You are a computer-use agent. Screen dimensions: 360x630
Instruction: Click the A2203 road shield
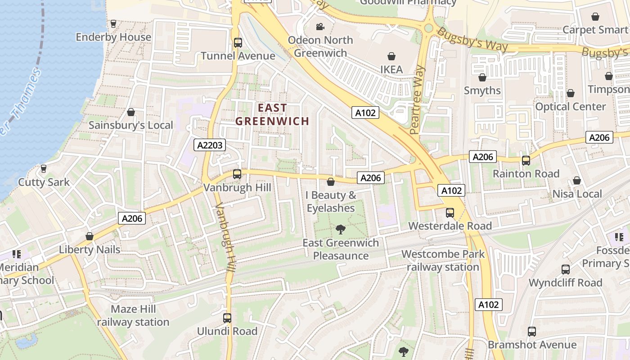210,145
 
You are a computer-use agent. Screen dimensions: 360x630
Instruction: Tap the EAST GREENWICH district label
272,114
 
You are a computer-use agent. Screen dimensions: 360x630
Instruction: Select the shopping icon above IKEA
391,56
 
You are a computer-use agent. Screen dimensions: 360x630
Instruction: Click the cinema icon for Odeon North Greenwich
320,27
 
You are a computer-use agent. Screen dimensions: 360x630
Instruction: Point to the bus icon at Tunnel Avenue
238,43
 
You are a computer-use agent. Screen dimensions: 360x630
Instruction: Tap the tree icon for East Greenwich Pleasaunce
341,229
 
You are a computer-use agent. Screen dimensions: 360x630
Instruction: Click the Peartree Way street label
418,100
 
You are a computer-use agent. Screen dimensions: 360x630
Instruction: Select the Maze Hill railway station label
133,315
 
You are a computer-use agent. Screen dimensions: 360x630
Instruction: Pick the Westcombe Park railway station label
443,260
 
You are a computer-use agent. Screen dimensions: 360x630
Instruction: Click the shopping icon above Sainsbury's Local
131,112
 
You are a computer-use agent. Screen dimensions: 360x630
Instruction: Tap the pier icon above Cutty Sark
44,169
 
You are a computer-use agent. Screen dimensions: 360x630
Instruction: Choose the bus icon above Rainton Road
526,161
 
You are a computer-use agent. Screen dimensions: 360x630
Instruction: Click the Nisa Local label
577,194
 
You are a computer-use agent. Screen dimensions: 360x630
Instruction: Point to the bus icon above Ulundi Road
227,318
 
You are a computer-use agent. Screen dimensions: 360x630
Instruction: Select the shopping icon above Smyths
482,77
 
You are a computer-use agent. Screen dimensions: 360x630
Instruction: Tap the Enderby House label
113,37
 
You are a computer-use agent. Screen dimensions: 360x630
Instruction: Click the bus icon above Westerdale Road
450,212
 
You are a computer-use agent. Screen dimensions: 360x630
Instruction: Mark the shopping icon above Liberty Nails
90,236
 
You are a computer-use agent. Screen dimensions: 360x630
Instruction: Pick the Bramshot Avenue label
532,345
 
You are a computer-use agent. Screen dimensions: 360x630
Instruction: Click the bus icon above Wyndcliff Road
565,270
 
